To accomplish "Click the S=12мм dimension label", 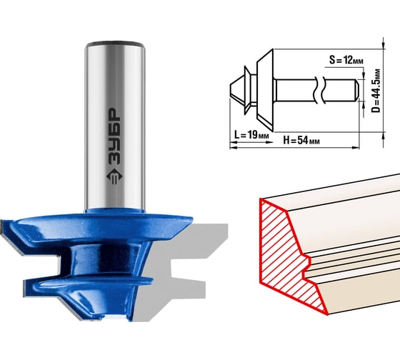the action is click(346, 60).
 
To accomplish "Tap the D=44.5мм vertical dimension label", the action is click(376, 91).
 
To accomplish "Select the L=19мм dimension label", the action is click(251, 134).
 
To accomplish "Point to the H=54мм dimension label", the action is click(301, 140).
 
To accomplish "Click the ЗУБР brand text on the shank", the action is click(114, 136).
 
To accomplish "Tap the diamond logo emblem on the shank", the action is click(114, 176).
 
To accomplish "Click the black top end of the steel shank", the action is click(115, 44).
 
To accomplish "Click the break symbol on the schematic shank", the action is click(319, 90).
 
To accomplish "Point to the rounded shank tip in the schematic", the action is click(356, 90).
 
